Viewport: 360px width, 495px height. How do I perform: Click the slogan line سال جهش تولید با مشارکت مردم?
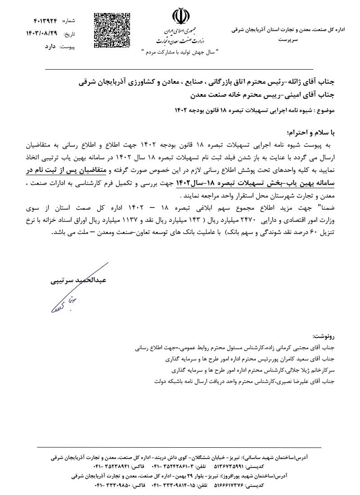coord(179,52)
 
